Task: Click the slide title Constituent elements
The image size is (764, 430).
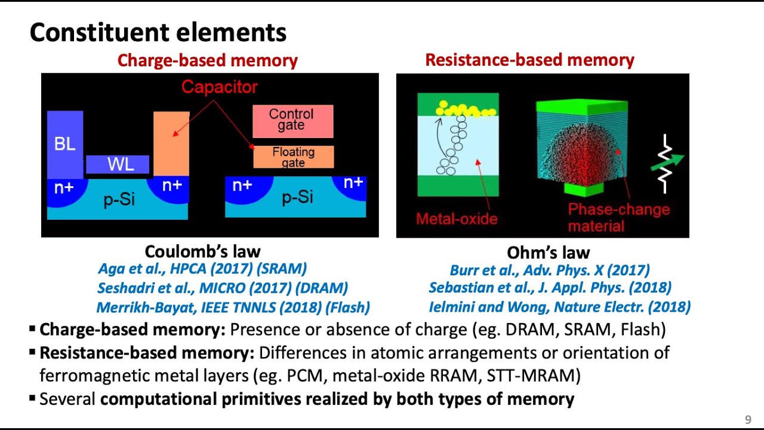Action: tap(158, 32)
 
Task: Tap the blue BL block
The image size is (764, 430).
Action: tap(64, 143)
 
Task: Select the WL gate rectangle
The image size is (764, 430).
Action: tap(118, 164)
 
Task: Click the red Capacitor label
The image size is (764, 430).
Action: tap(219, 87)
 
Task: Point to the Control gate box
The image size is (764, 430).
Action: tap(292, 120)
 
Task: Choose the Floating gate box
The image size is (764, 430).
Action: tap(293, 157)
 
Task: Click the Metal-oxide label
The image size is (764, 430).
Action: tap(457, 219)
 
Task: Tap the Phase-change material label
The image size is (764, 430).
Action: tap(618, 217)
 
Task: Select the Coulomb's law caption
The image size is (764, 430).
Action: tap(202, 251)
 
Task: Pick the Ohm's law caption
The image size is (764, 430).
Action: tap(549, 253)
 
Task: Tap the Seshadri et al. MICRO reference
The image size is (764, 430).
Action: tap(222, 288)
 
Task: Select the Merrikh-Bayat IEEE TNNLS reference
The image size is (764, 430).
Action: tap(233, 308)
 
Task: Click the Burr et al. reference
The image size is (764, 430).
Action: tap(549, 270)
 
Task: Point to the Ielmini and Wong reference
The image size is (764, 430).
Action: tap(559, 307)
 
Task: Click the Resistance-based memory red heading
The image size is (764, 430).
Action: tap(529, 60)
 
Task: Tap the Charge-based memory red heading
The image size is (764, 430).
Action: tap(207, 60)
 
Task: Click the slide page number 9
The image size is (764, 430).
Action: tap(748, 419)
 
